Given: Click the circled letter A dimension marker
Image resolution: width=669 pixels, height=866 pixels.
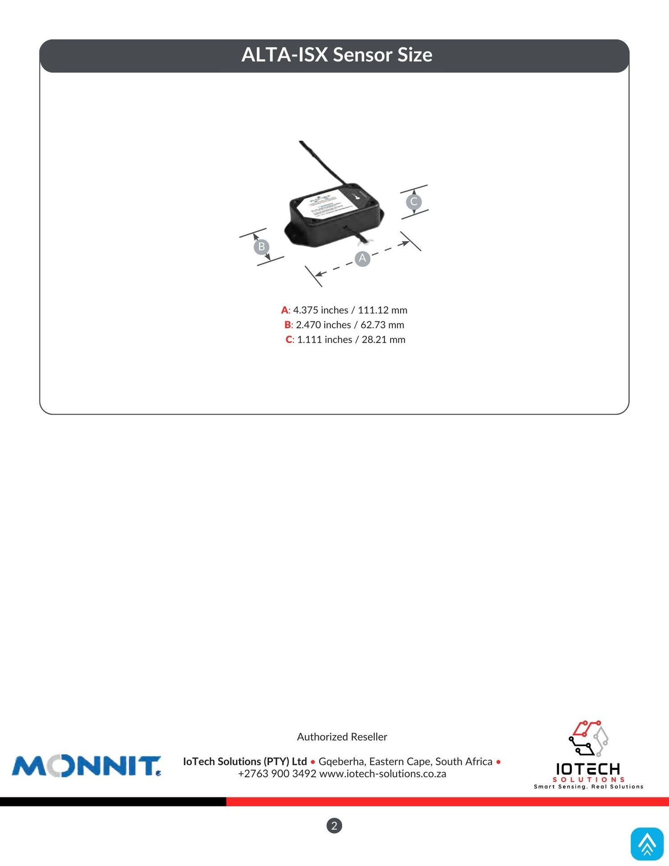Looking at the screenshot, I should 362,258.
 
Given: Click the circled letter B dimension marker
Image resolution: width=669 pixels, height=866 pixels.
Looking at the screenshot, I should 261,247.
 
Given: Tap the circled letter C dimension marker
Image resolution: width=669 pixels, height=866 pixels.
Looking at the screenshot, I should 414,202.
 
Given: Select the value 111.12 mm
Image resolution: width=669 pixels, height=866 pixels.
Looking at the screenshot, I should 383,310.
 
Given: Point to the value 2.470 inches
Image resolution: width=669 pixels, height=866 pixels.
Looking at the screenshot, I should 323,325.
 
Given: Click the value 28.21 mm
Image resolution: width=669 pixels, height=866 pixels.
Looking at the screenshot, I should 383,340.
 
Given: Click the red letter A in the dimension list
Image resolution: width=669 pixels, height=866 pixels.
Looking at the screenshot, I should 285,310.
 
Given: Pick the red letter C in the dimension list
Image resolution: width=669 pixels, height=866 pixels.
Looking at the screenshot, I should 289,340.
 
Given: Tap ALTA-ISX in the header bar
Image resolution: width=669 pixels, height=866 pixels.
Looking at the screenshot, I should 284,55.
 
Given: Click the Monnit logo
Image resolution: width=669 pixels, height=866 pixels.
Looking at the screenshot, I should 86,766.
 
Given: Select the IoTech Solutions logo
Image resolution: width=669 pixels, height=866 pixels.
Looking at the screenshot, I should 588,754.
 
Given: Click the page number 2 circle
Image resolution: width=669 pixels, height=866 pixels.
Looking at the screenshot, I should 334,826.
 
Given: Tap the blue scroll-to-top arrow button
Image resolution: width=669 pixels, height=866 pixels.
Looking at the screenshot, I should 647,844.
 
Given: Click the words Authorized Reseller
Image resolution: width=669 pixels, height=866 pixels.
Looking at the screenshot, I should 342,737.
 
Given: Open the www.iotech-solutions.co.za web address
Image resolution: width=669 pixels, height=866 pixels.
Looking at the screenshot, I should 383,774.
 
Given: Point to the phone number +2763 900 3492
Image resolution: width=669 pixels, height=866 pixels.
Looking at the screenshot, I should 277,774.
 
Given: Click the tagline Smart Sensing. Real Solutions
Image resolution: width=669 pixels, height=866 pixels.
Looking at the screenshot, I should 588,787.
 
